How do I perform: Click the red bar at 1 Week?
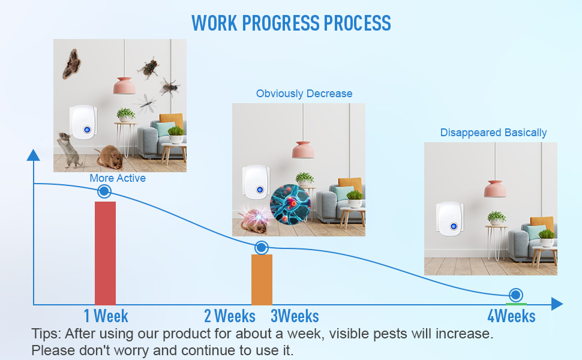pyautogui.click(x=105, y=253)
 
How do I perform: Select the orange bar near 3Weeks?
pyautogui.click(x=262, y=280)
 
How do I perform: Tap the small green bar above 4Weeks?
pyautogui.click(x=516, y=304)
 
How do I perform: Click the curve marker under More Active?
pyautogui.click(x=104, y=191)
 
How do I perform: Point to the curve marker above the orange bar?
pyautogui.click(x=262, y=248)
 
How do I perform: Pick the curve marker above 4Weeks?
pyautogui.click(x=515, y=295)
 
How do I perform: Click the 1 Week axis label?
pyautogui.click(x=106, y=316)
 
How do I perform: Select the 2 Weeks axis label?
pyautogui.click(x=230, y=316)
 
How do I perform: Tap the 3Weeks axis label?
pyautogui.click(x=295, y=316)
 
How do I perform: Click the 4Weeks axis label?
pyautogui.click(x=511, y=316)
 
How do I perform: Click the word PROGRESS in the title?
pyautogui.click(x=281, y=23)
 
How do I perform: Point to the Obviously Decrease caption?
pyautogui.click(x=304, y=94)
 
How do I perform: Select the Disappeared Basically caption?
pyautogui.click(x=494, y=133)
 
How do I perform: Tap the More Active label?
pyautogui.click(x=118, y=178)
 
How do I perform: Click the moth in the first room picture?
pyautogui.click(x=71, y=64)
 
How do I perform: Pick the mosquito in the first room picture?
pyautogui.click(x=146, y=103)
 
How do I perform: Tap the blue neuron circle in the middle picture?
pyautogui.click(x=290, y=205)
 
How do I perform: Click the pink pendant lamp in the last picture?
pyautogui.click(x=495, y=188)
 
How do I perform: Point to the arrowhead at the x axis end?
pyautogui.click(x=557, y=304)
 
